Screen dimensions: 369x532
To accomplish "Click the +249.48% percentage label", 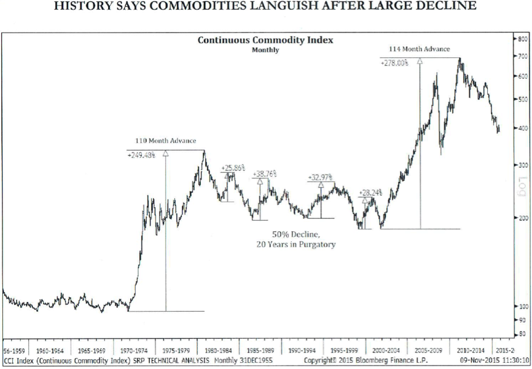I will coord(141,155).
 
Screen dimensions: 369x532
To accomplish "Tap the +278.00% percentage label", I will coord(394,63).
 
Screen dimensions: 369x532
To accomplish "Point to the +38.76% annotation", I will coord(264,175).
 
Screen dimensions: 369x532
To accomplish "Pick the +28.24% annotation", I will coord(370,192).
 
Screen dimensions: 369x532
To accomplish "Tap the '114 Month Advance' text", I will coord(420,49).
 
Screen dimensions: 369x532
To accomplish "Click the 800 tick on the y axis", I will coord(522,38).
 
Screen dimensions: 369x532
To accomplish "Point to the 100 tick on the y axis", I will coord(522,306).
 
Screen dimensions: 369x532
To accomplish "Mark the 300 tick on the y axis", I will coord(522,165).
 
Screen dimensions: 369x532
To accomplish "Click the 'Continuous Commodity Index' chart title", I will coord(265,40).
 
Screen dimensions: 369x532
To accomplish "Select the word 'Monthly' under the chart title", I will coord(265,50).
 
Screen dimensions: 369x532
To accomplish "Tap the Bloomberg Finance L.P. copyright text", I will coord(393,359).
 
